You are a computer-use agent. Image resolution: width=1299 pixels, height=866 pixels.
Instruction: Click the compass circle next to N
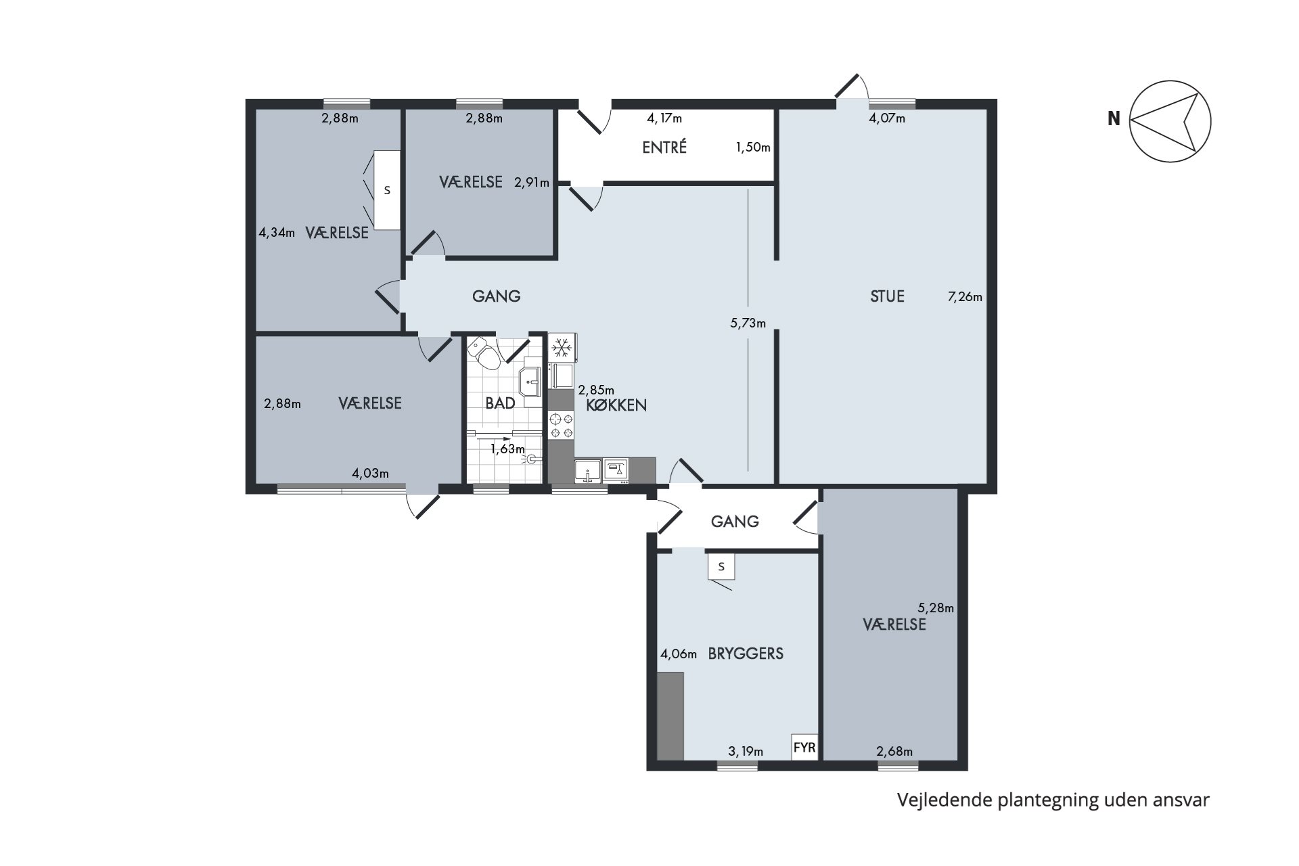[x=1170, y=81]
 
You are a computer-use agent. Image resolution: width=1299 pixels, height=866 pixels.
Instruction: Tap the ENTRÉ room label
[x=664, y=147]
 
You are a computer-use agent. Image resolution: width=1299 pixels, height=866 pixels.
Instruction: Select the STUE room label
[x=887, y=296]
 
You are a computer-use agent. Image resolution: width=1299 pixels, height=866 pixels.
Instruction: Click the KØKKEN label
[x=616, y=405]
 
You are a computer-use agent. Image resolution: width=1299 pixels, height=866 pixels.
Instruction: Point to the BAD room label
[x=500, y=403]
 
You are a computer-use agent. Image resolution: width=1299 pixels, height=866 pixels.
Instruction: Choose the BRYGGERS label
[x=746, y=654]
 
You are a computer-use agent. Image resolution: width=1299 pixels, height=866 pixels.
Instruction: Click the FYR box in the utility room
[x=804, y=748]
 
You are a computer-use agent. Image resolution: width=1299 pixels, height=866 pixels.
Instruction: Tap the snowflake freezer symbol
[x=560, y=348]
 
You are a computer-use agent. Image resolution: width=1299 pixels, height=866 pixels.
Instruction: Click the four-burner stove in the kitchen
[x=561, y=426]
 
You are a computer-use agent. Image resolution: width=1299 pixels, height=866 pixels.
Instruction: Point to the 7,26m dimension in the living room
[x=965, y=296]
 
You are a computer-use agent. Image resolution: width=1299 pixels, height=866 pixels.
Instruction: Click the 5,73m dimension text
[x=748, y=323]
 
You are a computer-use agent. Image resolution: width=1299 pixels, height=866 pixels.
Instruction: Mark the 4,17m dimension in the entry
[x=664, y=118]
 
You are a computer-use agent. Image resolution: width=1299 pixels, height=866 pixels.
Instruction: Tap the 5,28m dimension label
[x=936, y=608]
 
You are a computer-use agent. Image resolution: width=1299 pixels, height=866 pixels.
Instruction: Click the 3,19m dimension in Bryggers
[x=746, y=751]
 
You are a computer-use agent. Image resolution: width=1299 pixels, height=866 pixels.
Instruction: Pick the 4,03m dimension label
[x=370, y=473]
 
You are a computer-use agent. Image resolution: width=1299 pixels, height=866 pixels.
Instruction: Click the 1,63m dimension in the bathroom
[x=507, y=449]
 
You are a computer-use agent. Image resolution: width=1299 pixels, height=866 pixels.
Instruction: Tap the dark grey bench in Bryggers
[x=670, y=716]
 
